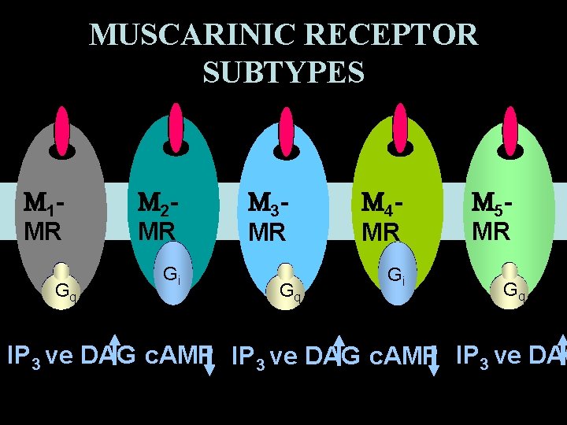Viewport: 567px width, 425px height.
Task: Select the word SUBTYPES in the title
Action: click(283, 72)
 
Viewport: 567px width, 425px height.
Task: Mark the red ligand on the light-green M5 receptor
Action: click(511, 127)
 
